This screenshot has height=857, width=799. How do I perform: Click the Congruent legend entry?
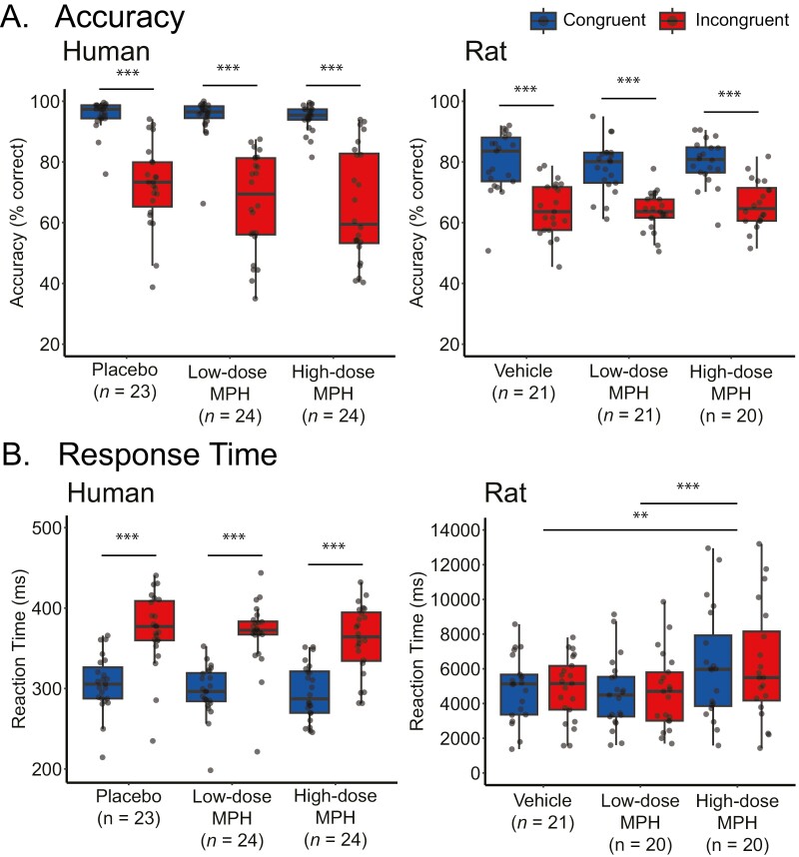coord(574,19)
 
